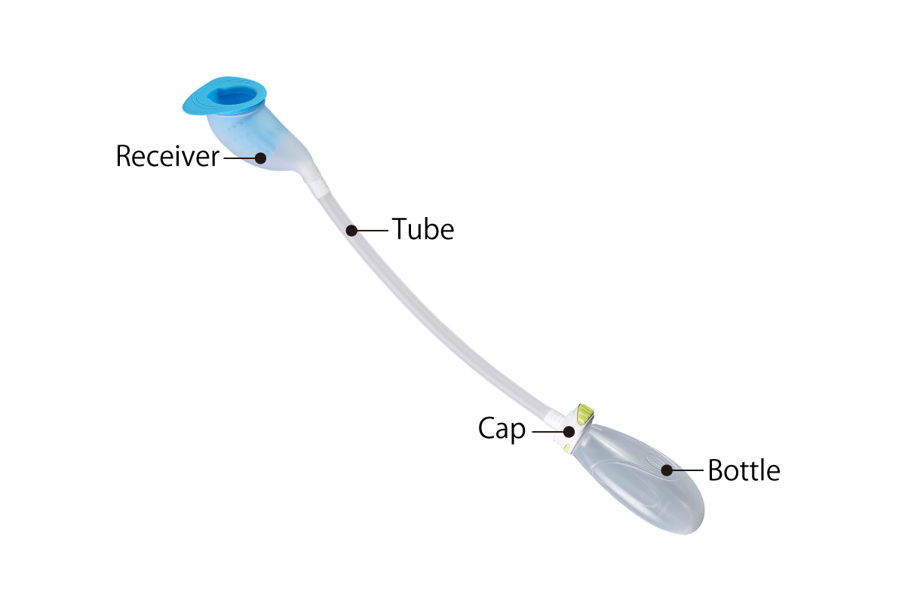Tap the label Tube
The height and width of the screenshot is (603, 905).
coord(422,229)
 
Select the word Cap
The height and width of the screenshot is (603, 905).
coord(502,430)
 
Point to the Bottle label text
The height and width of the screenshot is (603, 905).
coord(744,470)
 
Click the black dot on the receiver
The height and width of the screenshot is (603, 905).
coord(260,158)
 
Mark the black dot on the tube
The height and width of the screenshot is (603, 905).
coord(351,229)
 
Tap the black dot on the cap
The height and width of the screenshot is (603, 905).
coord(569,432)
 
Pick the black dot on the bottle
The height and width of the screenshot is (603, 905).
coord(667,470)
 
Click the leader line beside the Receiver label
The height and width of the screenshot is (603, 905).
coord(240,158)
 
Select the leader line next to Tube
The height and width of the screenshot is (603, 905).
coord(372,229)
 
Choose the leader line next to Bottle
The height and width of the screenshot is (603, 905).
coord(687,470)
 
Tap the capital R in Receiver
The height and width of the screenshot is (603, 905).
coord(124,158)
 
